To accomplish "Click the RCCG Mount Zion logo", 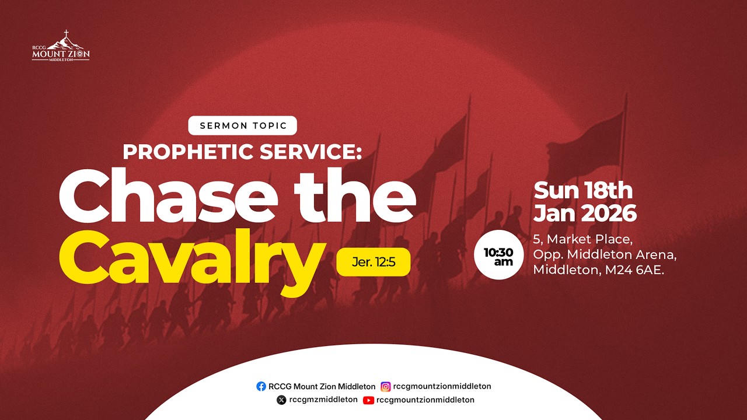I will (x=61, y=46).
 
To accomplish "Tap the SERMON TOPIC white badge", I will (x=242, y=125).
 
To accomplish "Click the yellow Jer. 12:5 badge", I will (x=373, y=262).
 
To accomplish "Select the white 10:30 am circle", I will (x=500, y=257).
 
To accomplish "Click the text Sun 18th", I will (x=583, y=191).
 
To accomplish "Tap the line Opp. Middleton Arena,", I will (x=605, y=255).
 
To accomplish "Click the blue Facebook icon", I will (x=261, y=386).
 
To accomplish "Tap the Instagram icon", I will (x=386, y=386).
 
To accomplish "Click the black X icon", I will (x=282, y=400).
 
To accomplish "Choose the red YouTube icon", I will (x=368, y=400).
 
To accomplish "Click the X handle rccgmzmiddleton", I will (x=323, y=400).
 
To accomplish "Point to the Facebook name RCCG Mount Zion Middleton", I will (x=322, y=386).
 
